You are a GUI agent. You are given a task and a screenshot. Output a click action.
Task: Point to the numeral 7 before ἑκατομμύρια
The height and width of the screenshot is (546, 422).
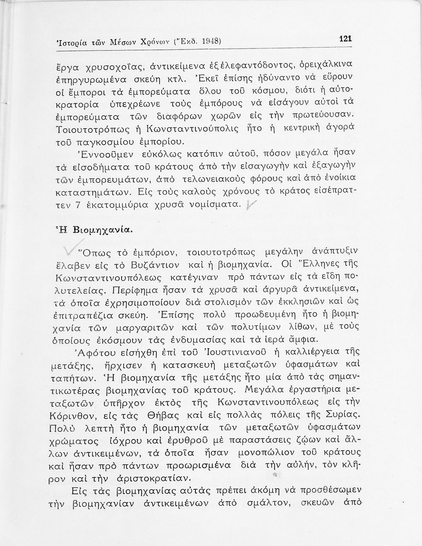point(77,205)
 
